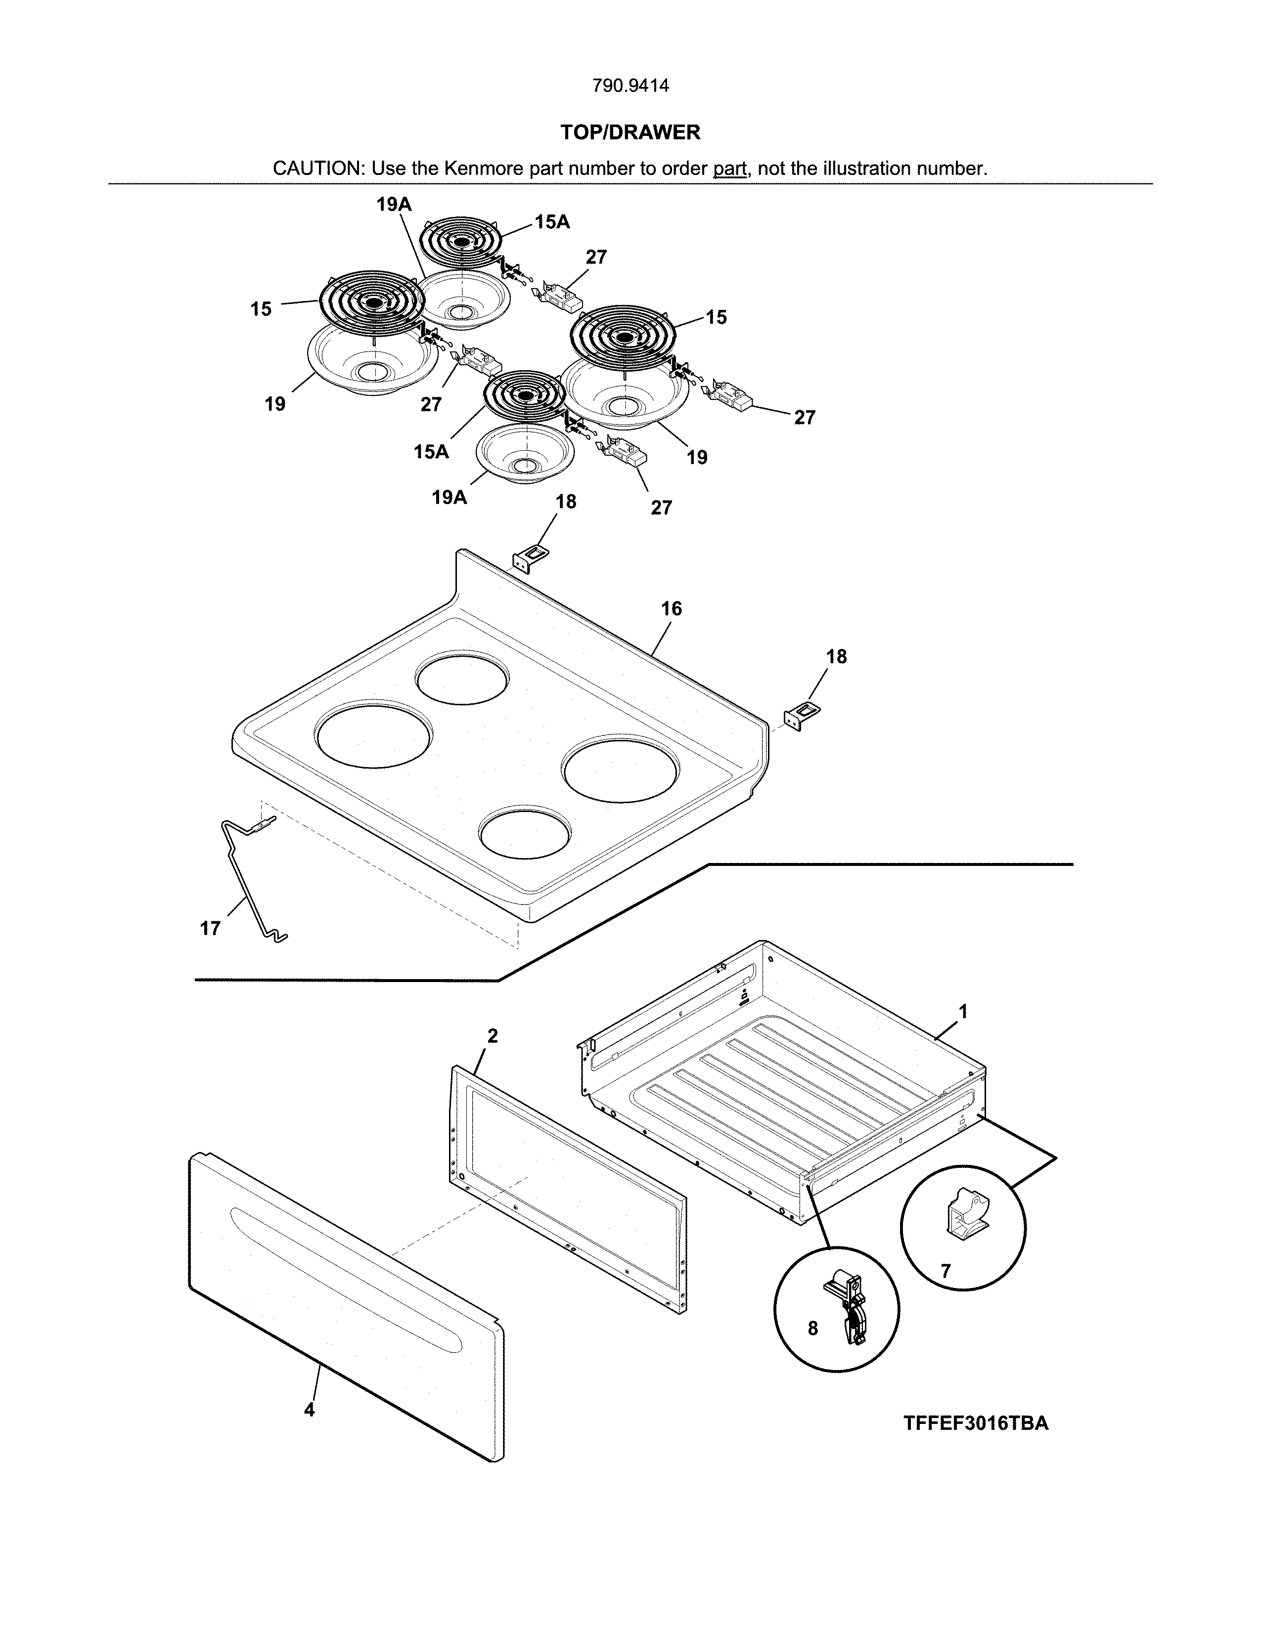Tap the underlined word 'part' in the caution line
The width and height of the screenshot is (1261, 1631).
(730, 169)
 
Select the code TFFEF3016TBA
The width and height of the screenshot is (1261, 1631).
(976, 1423)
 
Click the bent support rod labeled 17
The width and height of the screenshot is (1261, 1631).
(247, 877)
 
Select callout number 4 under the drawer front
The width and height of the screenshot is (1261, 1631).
(309, 1410)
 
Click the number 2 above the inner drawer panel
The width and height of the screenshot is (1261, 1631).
(493, 1036)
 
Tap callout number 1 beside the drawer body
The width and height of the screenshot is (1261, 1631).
(963, 1012)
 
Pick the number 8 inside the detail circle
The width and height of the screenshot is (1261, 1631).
(813, 1328)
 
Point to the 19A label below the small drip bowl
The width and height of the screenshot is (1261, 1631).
(449, 497)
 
